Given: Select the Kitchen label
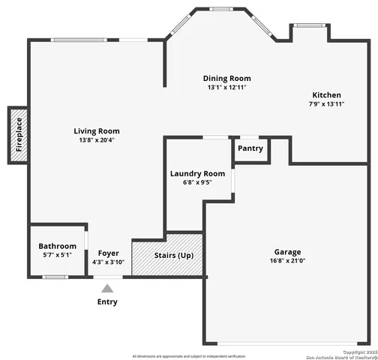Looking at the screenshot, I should click(x=327, y=95).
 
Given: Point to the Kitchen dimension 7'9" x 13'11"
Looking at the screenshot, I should click(x=327, y=104).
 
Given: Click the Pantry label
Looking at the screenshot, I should click(x=250, y=148).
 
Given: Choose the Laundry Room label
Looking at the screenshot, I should click(x=197, y=172).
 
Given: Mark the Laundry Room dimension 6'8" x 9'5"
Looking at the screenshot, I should click(x=197, y=181).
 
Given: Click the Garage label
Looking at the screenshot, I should click(x=287, y=252).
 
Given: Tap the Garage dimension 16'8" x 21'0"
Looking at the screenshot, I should click(x=287, y=261).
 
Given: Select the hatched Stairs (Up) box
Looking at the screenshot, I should click(x=167, y=256).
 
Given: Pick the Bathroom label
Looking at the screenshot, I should click(x=58, y=246).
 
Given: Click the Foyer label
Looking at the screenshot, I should click(x=109, y=253).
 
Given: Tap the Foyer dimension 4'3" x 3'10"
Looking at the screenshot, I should click(x=109, y=262).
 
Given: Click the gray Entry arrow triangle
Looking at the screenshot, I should click(x=108, y=288).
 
